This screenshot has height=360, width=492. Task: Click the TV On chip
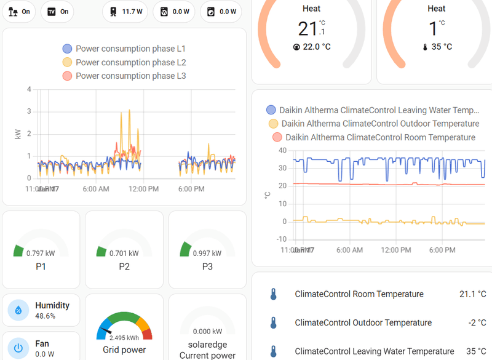[57, 11]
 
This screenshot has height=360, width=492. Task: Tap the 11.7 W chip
[126, 11]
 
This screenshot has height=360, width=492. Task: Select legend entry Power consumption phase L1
[124, 49]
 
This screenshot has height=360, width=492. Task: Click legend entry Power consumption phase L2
[124, 62]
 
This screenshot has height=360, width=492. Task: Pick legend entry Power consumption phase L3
[124, 76]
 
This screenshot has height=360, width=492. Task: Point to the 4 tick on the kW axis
[29, 89]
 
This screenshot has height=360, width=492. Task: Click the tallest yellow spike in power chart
[129, 111]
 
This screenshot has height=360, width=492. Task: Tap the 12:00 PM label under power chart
[144, 189]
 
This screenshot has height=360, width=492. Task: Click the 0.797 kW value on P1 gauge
[41, 253]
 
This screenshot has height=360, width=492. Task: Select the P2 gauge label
[124, 266]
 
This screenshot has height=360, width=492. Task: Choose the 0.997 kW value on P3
[207, 253]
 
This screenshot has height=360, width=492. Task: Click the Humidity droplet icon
[18, 310]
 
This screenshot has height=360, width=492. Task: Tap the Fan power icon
[18, 348]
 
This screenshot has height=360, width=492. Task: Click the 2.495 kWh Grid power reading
[124, 338]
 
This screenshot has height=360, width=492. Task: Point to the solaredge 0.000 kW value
[207, 331]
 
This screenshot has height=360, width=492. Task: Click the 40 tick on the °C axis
[282, 150]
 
